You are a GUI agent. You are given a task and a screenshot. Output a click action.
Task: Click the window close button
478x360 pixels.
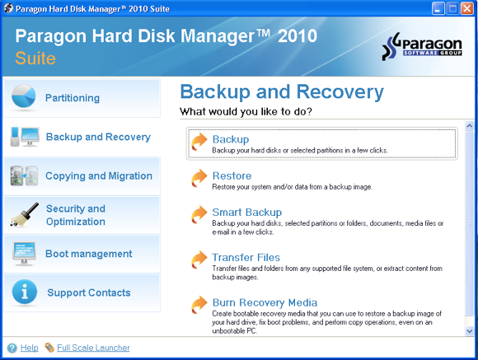point(466,9)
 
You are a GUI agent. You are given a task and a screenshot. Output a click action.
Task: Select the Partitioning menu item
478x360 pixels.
point(73,98)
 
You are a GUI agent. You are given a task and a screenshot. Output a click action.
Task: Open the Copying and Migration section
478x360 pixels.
point(99,175)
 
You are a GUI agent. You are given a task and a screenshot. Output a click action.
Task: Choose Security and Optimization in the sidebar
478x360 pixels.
point(75,215)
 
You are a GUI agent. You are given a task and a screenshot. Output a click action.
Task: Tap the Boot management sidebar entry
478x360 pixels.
point(89,254)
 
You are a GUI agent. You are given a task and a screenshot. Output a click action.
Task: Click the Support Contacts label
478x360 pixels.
point(89,292)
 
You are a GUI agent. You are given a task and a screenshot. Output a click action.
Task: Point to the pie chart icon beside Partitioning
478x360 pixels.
point(24,98)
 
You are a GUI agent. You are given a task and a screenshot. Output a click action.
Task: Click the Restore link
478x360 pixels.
point(232,175)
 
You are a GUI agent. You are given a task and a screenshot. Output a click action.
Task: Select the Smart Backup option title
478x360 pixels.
point(246,212)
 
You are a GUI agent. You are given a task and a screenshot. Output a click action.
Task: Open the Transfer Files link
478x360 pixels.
point(246,257)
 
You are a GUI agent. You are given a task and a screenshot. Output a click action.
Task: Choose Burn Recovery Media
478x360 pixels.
point(265,302)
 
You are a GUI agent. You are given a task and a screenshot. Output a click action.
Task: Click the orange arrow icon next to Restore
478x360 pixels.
point(199,179)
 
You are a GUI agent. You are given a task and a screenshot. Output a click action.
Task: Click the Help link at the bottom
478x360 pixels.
point(29,348)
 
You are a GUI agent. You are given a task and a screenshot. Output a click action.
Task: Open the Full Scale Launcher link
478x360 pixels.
point(93,348)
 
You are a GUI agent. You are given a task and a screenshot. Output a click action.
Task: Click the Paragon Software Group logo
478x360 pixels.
point(425,49)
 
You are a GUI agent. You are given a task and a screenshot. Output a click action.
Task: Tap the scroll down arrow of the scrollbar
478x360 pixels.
point(469,330)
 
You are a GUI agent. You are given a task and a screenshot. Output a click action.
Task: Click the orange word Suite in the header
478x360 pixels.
point(35,59)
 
